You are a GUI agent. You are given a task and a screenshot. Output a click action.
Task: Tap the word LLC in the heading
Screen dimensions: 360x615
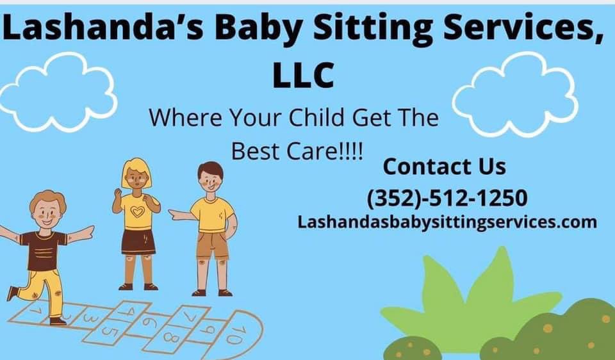pyautogui.click(x=303, y=76)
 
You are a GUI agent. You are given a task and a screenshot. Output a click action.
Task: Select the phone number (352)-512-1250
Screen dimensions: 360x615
pyautogui.click(x=447, y=197)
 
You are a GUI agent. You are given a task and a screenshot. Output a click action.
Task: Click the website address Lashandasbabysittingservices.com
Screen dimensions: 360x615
pyautogui.click(x=447, y=222)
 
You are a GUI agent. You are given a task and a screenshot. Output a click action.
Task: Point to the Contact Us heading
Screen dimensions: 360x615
pyautogui.click(x=444, y=167)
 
